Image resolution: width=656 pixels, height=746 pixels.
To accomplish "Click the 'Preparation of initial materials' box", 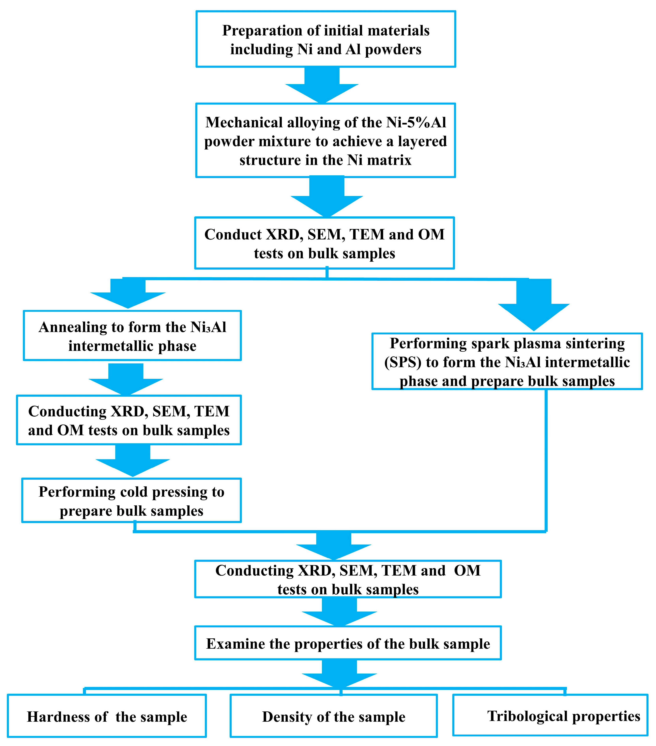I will (326, 39).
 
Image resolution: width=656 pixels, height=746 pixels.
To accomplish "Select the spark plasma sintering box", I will (507, 361).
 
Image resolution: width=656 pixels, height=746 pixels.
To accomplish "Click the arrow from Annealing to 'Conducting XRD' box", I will (126, 380).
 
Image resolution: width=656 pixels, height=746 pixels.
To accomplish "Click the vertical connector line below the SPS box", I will (546, 460).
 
